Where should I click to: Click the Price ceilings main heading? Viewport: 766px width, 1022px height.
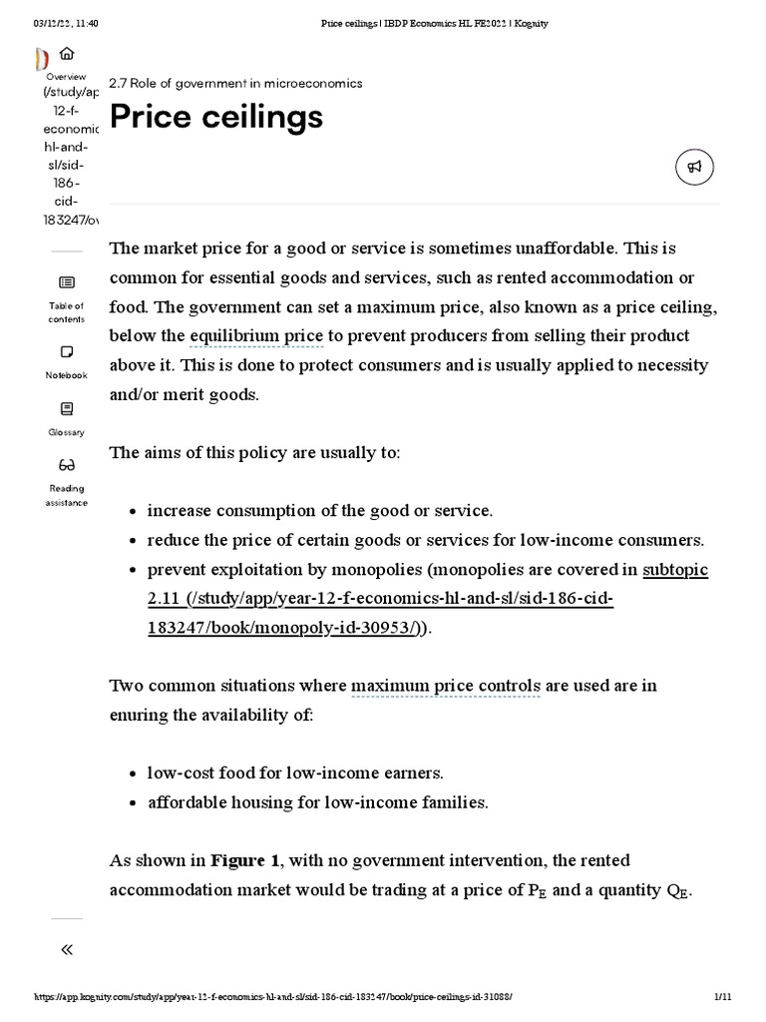click(x=215, y=118)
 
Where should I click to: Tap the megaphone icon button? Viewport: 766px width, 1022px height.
click(x=694, y=168)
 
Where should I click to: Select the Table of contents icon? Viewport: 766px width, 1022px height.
click(x=66, y=283)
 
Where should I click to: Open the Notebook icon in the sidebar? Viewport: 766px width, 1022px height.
click(x=66, y=352)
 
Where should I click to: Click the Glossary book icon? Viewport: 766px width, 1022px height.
click(x=66, y=409)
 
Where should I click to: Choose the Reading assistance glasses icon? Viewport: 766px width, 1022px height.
click(x=66, y=465)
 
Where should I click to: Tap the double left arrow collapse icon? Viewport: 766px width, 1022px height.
click(x=66, y=949)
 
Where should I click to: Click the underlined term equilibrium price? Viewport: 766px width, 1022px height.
click(x=256, y=336)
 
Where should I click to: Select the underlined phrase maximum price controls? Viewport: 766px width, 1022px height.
click(x=446, y=686)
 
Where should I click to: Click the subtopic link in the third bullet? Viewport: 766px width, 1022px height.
click(x=675, y=570)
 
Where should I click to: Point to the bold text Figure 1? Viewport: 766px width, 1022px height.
click(x=244, y=860)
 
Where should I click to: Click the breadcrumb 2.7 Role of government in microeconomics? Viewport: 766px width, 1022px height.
click(x=235, y=83)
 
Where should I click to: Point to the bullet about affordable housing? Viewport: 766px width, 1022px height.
click(x=317, y=802)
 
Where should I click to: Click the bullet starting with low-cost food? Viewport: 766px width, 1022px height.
click(x=295, y=773)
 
